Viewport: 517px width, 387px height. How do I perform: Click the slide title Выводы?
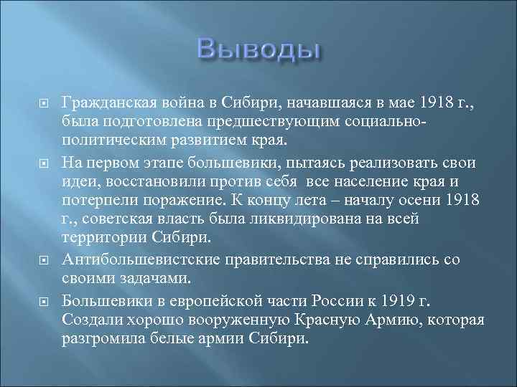(258, 51)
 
